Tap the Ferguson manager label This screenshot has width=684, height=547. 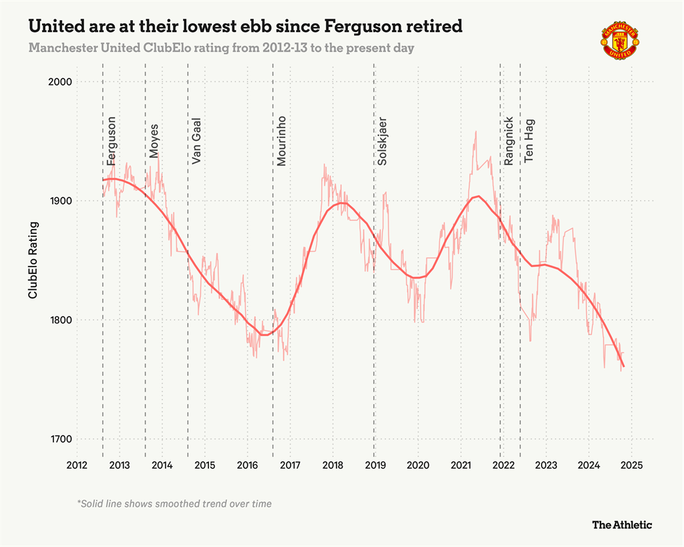112,141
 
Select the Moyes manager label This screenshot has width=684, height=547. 154,141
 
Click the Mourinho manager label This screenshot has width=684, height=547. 281,141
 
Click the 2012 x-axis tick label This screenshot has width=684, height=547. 77,466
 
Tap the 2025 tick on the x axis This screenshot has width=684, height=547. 631,466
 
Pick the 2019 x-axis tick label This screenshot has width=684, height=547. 375,466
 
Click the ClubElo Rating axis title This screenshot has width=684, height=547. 32,260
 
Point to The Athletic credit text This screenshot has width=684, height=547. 621,525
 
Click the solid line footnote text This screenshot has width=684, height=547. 174,504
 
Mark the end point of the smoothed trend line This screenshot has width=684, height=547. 623,366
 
